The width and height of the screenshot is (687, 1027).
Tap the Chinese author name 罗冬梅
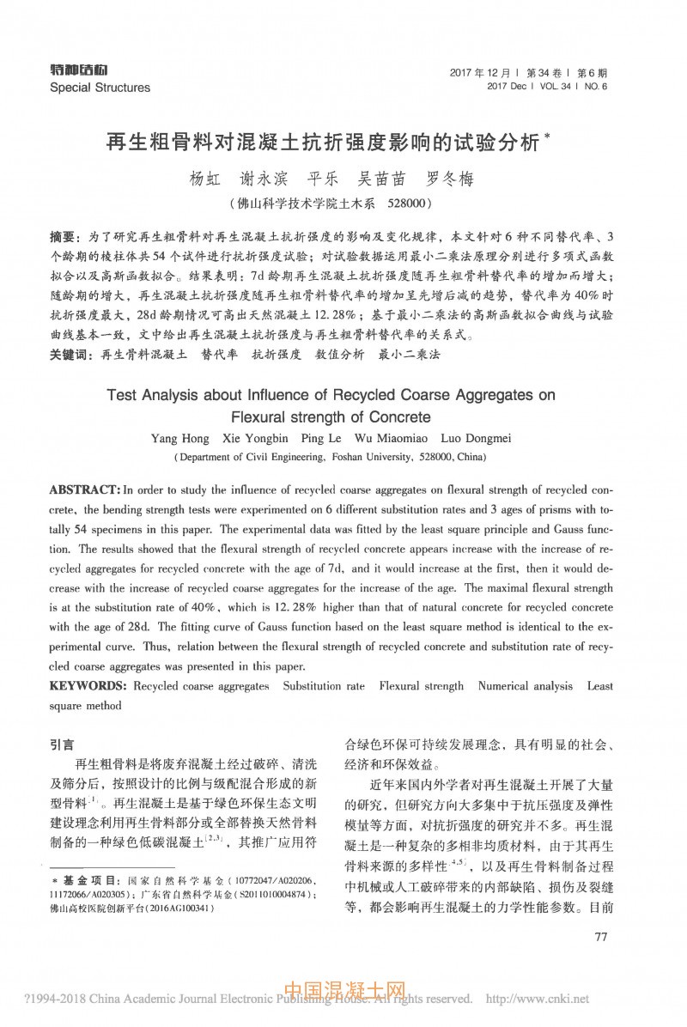click(x=449, y=181)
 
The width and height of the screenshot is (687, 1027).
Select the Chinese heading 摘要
click(x=63, y=236)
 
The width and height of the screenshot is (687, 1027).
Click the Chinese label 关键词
click(x=69, y=354)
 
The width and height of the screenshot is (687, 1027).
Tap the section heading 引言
click(x=63, y=744)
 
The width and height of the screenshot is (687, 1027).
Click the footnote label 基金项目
click(x=90, y=882)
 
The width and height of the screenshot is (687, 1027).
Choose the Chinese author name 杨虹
click(x=205, y=181)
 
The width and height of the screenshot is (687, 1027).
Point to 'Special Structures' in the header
click(x=100, y=88)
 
